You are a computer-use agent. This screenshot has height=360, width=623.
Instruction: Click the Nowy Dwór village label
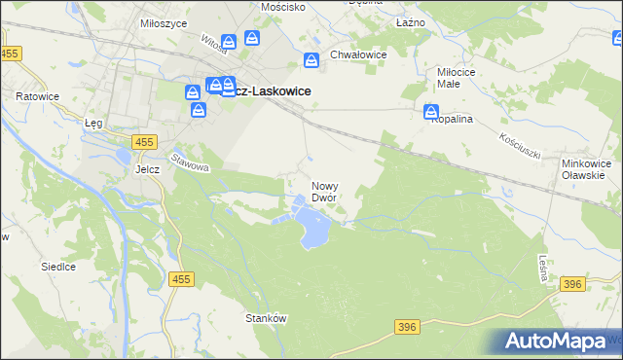click(x=324, y=191)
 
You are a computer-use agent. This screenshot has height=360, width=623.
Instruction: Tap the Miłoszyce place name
click(x=136, y=21)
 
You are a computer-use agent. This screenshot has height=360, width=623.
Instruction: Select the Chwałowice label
click(x=358, y=54)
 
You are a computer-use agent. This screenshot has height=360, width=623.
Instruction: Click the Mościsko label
click(x=284, y=6)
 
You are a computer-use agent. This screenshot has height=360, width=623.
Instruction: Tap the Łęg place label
click(x=93, y=124)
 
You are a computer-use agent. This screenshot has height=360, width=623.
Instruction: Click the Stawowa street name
click(x=190, y=161)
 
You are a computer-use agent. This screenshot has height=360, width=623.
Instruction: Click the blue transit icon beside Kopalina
click(x=431, y=114)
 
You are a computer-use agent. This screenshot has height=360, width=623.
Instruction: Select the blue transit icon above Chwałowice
click(x=311, y=60)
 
